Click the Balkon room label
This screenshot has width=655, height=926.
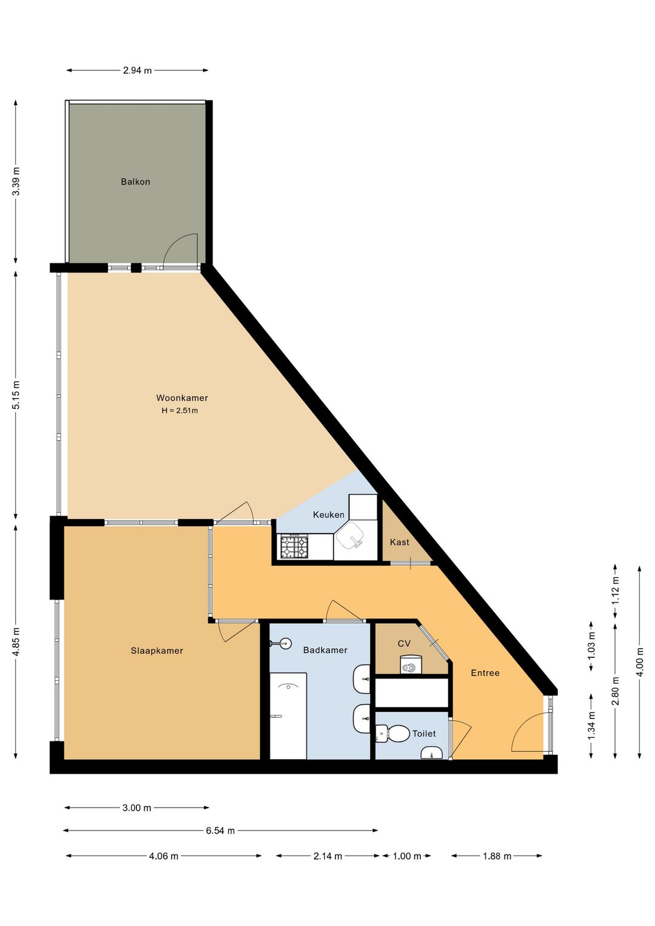click(135, 181)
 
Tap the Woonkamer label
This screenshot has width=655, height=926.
click(182, 397)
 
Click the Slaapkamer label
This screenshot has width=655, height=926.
click(156, 651)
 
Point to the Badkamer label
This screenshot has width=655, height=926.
click(325, 650)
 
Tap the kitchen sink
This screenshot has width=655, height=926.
click(349, 536)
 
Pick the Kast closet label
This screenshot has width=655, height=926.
click(399, 542)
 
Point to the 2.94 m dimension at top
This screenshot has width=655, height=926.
click(137, 70)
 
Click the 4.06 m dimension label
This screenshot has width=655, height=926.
click(164, 856)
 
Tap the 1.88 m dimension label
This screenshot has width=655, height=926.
click(497, 856)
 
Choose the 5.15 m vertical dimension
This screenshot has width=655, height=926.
click(16, 395)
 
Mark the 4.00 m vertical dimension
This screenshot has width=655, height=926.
click(640, 662)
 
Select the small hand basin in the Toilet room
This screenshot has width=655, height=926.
click(431, 753)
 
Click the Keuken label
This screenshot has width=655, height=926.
click(329, 515)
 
